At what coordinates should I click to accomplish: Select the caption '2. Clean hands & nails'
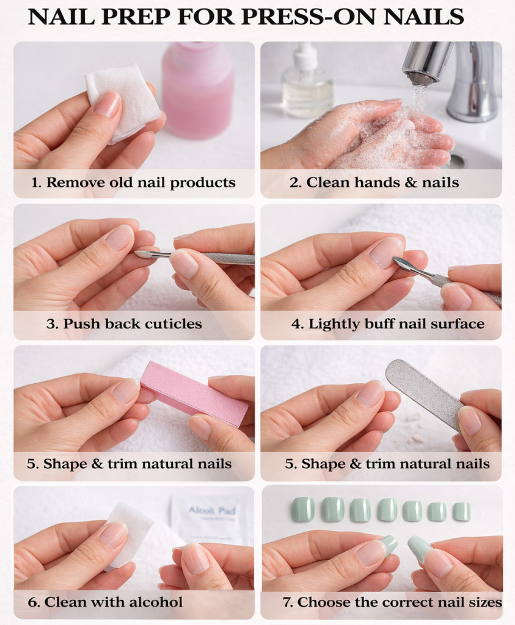point(374,182)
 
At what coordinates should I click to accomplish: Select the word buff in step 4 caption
point(382,323)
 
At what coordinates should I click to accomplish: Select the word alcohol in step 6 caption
point(154,602)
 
